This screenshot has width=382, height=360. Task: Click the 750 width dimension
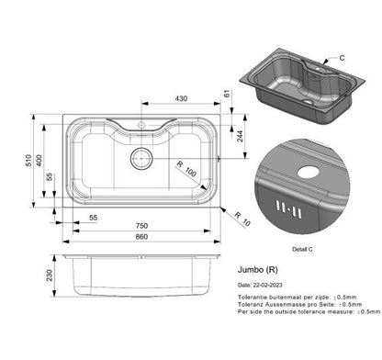140,225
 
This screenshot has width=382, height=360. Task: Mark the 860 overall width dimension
140,238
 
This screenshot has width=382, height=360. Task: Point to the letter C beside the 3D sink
342,58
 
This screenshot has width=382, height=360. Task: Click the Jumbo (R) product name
256,270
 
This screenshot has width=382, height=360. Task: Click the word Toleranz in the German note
252,305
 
